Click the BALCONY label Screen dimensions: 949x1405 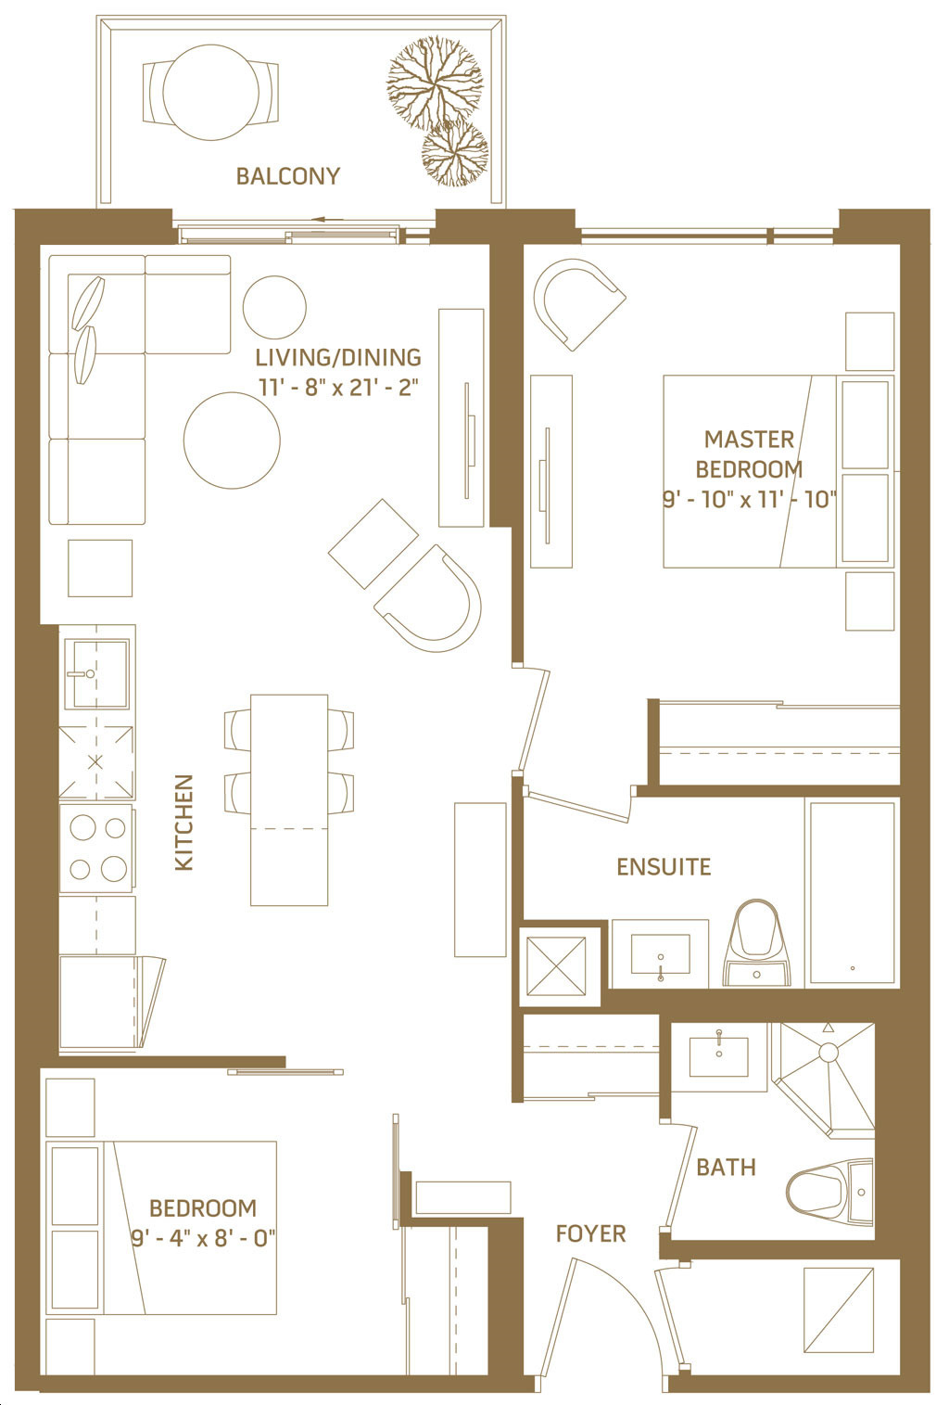pos(287,176)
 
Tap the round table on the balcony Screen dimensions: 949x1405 pos(210,92)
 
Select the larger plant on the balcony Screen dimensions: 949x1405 pos(435,83)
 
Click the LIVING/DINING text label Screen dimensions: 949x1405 pos(338,358)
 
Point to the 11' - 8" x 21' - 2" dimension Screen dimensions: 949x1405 pos(338,387)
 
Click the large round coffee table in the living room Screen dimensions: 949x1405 pos(232,441)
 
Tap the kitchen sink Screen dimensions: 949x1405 pos(97,673)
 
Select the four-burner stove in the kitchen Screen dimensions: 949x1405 pos(95,848)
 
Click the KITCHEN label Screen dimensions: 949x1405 pos(183,823)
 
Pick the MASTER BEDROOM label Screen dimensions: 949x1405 pos(749,454)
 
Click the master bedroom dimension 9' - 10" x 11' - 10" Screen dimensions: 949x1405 pos(750,500)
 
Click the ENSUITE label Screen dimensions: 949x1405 pos(664,867)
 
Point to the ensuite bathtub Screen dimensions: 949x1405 pos(852,892)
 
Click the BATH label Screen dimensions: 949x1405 pos(726,1168)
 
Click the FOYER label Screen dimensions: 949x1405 pos(590,1233)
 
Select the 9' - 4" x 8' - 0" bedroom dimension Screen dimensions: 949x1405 pos(203,1238)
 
